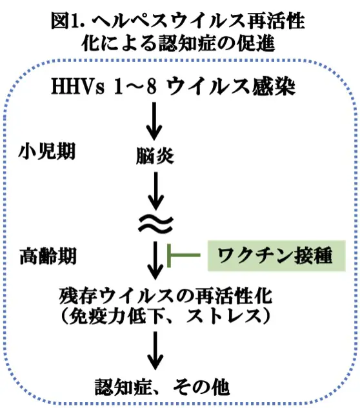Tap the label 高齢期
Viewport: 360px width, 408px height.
47,257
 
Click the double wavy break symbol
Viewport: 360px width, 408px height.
155,223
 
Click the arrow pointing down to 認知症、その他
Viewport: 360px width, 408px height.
155,351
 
